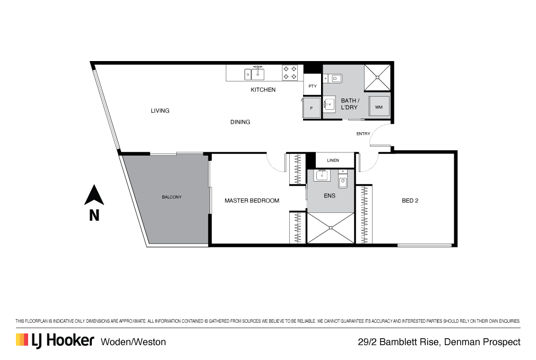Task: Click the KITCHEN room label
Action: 263,90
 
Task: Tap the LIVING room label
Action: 160,111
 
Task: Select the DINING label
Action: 240,122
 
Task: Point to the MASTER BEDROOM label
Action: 252,201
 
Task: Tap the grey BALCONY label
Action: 171,198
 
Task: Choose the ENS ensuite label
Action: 330,195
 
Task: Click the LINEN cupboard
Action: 333,160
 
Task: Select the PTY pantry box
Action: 313,86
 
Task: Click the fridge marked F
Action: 312,108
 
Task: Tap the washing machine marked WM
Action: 379,107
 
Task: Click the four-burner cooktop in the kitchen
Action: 290,73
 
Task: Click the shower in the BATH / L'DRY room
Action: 378,78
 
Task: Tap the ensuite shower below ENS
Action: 331,228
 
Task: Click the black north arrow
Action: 94,195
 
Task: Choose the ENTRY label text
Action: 364,134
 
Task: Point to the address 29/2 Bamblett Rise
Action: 439,342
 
